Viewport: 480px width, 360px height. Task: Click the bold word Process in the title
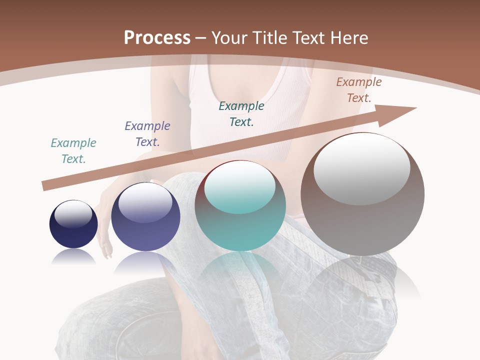(x=157, y=37)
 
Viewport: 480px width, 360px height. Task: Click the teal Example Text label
(x=73, y=151)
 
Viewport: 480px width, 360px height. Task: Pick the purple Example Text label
(x=147, y=134)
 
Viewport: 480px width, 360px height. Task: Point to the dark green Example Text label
(x=241, y=114)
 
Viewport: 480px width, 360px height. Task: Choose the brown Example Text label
(x=359, y=90)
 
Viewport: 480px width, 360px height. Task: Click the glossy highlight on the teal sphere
(x=240, y=186)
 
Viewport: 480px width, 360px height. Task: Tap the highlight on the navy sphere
(x=73, y=213)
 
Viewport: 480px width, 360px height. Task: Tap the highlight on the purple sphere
(x=145, y=202)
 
